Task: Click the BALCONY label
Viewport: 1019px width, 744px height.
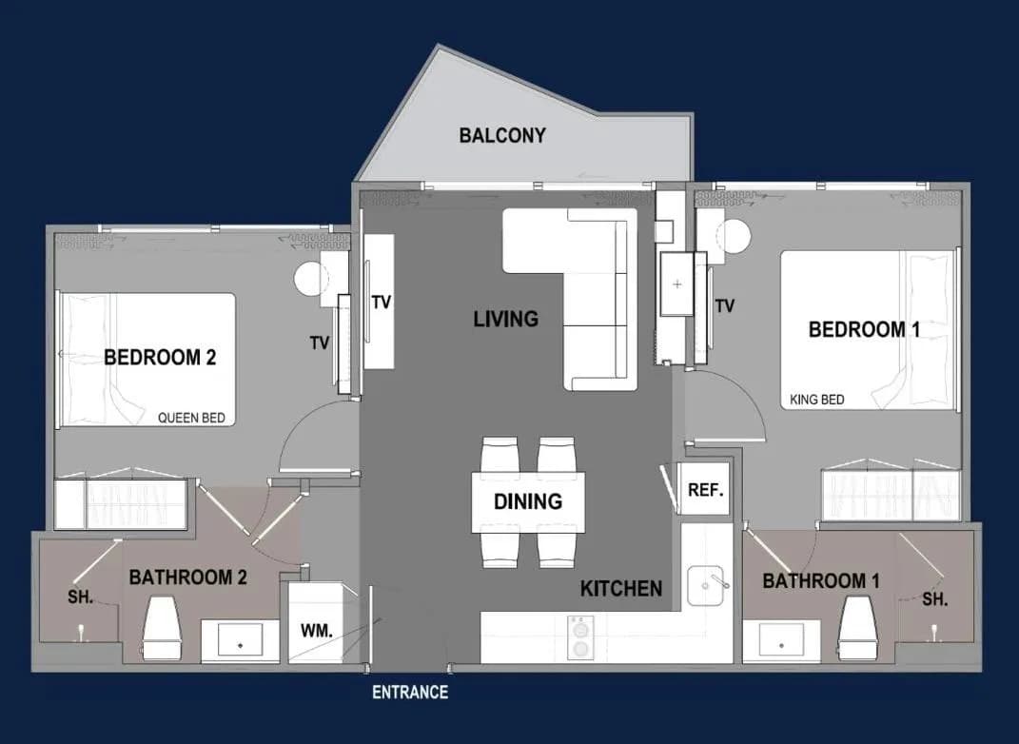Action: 502,135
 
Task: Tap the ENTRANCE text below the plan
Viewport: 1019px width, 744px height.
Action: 410,692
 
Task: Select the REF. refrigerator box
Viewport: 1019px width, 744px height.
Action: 704,489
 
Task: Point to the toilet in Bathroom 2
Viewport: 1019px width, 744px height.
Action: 161,628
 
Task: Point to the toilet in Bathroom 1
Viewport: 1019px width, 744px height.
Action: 858,628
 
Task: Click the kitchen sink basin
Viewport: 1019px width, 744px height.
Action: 706,585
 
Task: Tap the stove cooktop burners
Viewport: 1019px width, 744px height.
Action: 580,637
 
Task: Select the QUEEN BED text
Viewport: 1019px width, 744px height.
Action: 191,418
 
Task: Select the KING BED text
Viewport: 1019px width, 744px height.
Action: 817,400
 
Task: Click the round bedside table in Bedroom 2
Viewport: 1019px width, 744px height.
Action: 309,280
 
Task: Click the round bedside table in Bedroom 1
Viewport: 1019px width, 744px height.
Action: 735,237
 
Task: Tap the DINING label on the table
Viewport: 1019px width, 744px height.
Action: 528,501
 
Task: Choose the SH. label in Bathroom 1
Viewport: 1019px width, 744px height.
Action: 934,599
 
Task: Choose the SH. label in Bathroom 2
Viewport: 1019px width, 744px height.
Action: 81,597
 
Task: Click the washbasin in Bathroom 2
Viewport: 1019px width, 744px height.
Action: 241,640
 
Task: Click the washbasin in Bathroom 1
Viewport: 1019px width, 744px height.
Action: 781,639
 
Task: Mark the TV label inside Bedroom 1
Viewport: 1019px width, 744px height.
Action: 725,305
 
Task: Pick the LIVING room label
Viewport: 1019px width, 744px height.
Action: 505,319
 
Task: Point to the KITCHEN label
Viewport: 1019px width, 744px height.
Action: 621,588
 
